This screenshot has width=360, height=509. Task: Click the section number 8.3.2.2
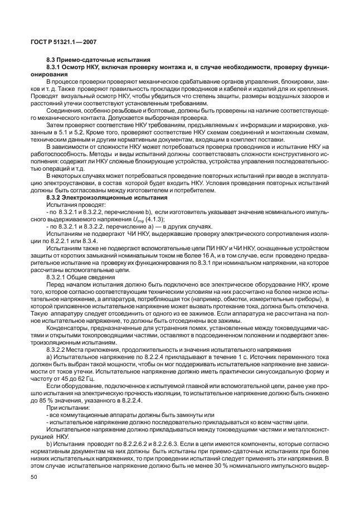pos(58,350)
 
